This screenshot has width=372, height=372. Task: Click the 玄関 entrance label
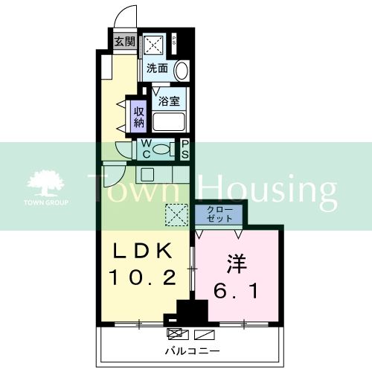tap(124, 42)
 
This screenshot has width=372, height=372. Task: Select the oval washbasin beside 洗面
tap(182, 71)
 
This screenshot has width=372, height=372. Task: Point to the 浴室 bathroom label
tap(164, 97)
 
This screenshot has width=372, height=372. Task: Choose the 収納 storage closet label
tap(138, 117)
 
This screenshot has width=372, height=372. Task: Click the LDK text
tap(143, 251)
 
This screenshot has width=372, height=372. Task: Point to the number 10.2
tap(143, 277)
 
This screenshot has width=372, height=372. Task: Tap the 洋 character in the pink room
tap(237, 264)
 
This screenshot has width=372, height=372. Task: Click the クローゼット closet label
tap(219, 215)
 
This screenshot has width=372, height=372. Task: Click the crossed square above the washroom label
tap(157, 45)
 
